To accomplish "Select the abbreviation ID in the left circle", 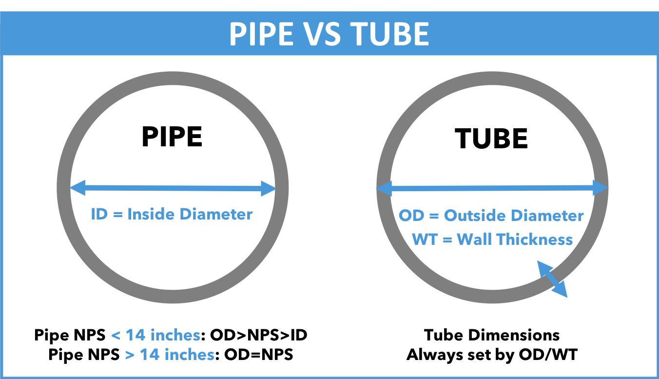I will point(99,214).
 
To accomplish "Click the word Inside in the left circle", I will point(149,214).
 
